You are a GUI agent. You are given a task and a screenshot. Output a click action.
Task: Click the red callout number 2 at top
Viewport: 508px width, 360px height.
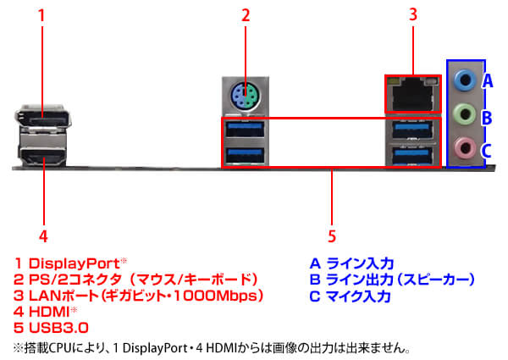(246, 14)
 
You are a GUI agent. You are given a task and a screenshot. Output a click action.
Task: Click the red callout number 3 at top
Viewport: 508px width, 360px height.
(412, 14)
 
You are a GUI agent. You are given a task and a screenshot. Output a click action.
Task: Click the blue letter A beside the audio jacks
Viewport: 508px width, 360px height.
(487, 82)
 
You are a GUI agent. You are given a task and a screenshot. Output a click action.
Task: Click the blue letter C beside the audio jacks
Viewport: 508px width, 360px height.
(487, 151)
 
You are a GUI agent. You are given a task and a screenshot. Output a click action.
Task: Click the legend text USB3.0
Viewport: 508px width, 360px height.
(58, 327)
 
